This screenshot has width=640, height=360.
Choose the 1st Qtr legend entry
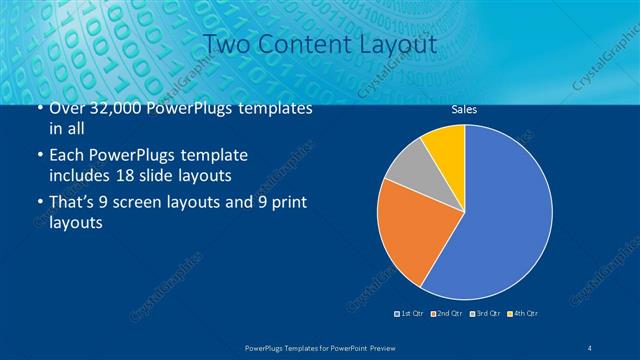[x=410, y=314]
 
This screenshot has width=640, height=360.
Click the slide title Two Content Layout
[x=319, y=45]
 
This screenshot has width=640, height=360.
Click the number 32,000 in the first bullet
[x=110, y=109]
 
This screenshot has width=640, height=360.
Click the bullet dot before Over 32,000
[x=38, y=109]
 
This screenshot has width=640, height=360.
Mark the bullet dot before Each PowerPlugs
[x=38, y=157]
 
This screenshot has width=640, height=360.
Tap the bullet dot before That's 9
[x=38, y=204]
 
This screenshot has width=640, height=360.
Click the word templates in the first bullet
[x=272, y=109]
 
